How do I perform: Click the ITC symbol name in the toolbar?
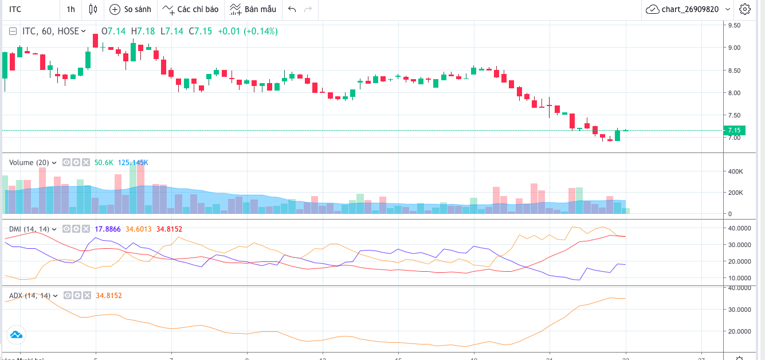click(x=15, y=9)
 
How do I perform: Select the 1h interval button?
click(x=70, y=9)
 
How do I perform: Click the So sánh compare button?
click(x=131, y=9)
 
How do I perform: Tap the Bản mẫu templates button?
click(x=253, y=9)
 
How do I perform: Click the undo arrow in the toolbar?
click(x=292, y=9)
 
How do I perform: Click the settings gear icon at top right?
click(x=744, y=9)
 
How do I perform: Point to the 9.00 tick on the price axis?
click(x=734, y=48)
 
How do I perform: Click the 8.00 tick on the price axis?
click(x=734, y=93)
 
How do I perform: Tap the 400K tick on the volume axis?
click(x=734, y=171)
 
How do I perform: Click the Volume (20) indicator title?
click(x=29, y=163)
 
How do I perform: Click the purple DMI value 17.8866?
click(x=108, y=229)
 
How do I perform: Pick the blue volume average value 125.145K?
click(x=133, y=163)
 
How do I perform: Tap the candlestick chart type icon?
click(x=93, y=9)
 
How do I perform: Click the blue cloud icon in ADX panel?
click(x=15, y=335)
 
